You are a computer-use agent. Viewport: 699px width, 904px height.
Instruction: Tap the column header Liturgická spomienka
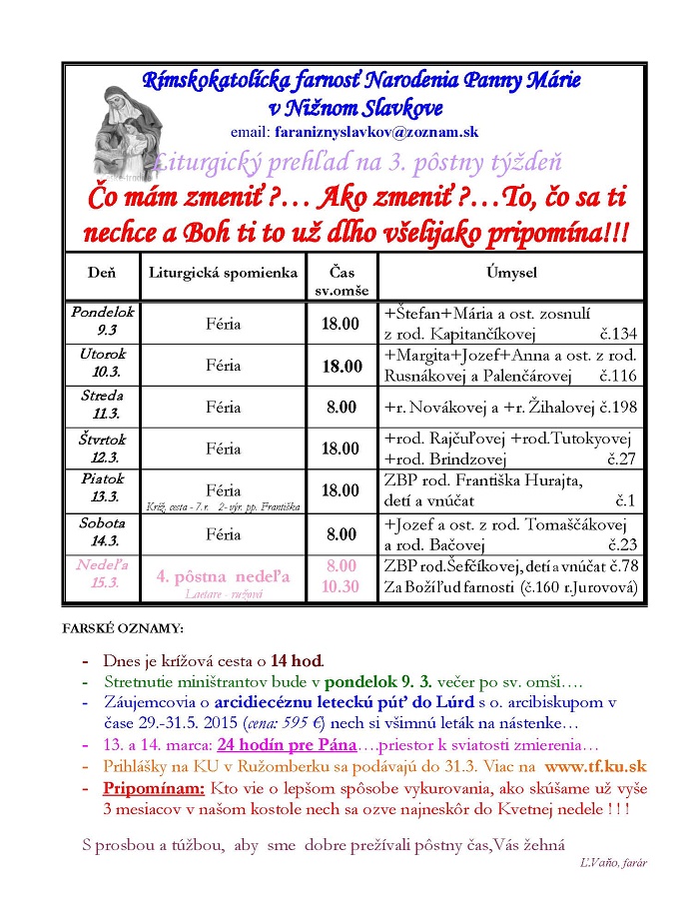223,272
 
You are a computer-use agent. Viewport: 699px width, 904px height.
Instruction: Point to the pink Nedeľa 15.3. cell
103,576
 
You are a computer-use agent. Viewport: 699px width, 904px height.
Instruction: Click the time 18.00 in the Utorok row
342,367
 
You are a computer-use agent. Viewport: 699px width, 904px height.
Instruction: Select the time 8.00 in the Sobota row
342,534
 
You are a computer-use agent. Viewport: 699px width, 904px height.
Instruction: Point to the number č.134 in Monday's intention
617,334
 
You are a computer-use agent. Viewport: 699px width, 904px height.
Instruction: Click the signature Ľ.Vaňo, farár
612,863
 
